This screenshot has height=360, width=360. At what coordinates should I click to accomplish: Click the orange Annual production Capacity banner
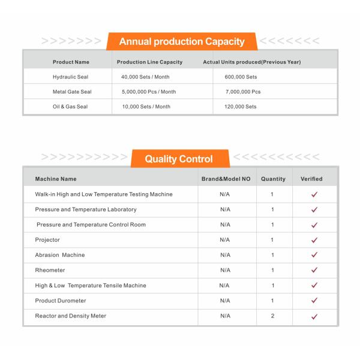point(182,41)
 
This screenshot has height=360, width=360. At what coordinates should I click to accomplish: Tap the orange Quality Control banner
point(179,159)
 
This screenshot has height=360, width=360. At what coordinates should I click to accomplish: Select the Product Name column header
point(71,62)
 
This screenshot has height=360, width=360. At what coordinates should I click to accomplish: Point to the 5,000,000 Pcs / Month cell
point(149,92)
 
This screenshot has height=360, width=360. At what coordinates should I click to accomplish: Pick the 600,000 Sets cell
point(241,77)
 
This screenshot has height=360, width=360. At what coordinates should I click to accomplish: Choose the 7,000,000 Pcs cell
point(243,92)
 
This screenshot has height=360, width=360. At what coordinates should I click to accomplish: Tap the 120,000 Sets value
point(241,106)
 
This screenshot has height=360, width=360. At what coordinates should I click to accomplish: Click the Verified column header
point(311,179)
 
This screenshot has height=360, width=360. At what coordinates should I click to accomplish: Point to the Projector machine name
point(47,240)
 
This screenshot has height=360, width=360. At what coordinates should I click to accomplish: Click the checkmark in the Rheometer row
point(314,271)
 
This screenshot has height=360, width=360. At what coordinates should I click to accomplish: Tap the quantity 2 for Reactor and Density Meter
point(272,316)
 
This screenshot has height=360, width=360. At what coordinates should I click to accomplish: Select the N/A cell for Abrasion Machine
point(225,255)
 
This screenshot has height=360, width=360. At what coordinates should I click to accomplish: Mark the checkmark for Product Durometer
point(314,301)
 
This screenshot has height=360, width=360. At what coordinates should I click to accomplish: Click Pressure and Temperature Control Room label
point(91,224)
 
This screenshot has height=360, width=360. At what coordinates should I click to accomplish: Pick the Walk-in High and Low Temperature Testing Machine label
point(104,194)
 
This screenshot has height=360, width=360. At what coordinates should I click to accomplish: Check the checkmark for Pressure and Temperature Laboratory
point(314,210)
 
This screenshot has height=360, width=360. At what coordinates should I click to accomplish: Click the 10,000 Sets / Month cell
point(146,106)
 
